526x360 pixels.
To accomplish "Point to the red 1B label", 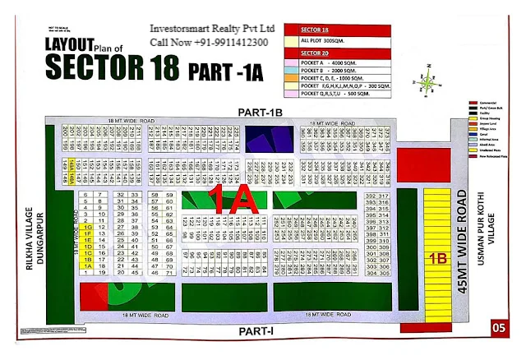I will coord(436,256).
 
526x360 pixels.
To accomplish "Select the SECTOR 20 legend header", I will coord(307,50).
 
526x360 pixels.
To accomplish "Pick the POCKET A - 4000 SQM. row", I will coord(327,62).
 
